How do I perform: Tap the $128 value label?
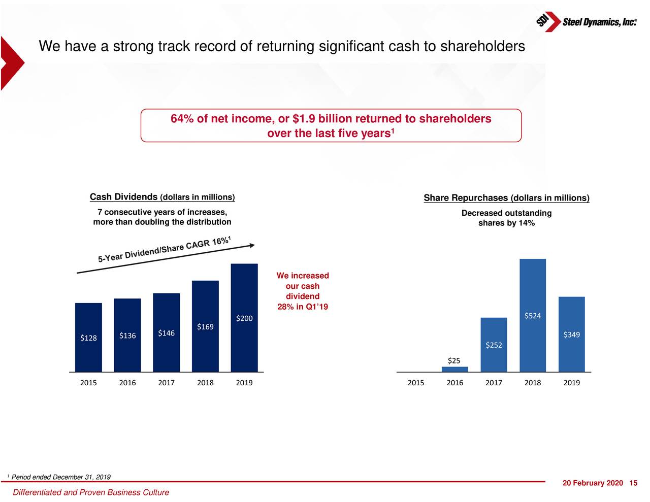click(88, 338)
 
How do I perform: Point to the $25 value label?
click(454, 360)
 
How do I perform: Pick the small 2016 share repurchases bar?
click(454, 369)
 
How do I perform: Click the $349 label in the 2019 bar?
click(572, 334)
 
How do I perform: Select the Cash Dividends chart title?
click(162, 197)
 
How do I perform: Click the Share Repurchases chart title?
click(506, 198)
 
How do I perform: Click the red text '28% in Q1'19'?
click(303, 307)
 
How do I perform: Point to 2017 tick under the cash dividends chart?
click(166, 383)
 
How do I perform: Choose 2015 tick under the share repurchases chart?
click(416, 383)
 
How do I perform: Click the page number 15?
click(633, 483)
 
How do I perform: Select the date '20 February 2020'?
click(592, 483)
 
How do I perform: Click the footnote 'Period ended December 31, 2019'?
click(61, 477)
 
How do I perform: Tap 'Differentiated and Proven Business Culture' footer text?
click(91, 492)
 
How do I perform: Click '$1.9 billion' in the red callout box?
click(322, 119)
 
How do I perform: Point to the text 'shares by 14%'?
click(506, 223)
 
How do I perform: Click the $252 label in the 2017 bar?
click(494, 345)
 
